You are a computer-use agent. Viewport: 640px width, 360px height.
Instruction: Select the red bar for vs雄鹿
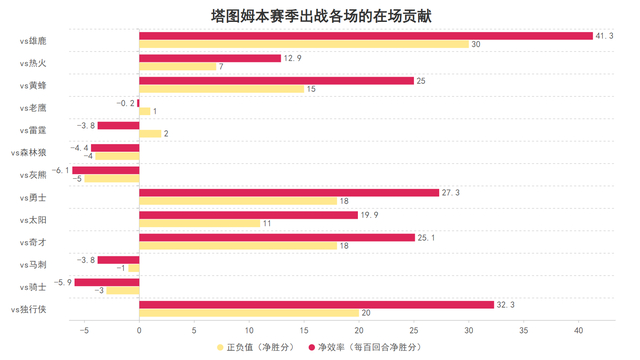[x=366, y=36]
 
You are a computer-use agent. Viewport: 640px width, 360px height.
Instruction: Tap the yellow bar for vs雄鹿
[x=304, y=45]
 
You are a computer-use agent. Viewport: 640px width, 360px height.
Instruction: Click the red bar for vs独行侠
[x=316, y=304]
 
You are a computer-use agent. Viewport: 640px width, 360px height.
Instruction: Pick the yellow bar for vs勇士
[x=238, y=201]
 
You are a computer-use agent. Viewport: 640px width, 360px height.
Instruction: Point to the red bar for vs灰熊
[x=105, y=170]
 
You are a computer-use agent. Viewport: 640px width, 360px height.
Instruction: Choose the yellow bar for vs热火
[x=177, y=67]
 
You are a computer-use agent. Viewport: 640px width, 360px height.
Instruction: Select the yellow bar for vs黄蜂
[x=221, y=89]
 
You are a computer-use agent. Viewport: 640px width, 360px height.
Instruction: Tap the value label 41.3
[x=605, y=36]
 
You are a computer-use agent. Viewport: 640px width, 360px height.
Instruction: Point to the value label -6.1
[x=61, y=170]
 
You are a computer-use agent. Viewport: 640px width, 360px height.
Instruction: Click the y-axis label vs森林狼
[x=39, y=152]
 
